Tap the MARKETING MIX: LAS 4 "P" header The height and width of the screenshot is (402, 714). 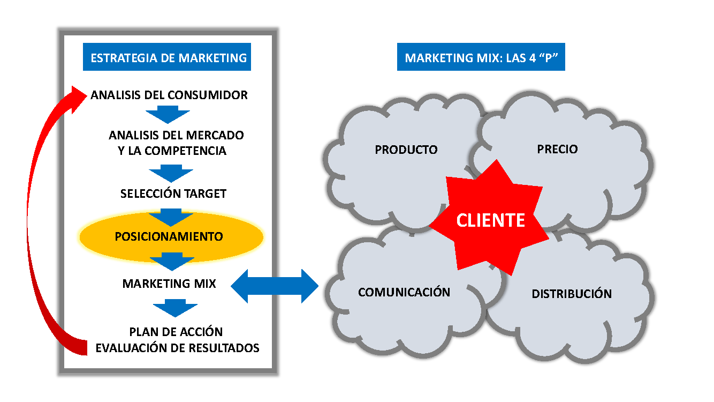point(481,58)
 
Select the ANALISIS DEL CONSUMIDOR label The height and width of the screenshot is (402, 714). point(169,95)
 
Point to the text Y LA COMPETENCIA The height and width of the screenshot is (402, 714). point(172,151)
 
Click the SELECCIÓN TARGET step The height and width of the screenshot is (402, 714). point(173,193)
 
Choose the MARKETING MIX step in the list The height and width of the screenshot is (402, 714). point(169,284)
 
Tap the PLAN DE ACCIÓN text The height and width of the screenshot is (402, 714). point(176,332)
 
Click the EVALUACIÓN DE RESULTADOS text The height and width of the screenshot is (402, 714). point(177,348)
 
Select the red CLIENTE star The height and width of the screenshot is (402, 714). point(490,220)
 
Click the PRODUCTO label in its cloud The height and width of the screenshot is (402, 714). point(406,150)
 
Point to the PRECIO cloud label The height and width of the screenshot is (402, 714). point(557,149)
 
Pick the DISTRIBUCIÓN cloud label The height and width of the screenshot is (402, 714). point(572,294)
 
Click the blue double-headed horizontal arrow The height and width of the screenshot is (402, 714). point(275,285)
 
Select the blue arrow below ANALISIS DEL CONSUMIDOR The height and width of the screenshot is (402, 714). point(168,114)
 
